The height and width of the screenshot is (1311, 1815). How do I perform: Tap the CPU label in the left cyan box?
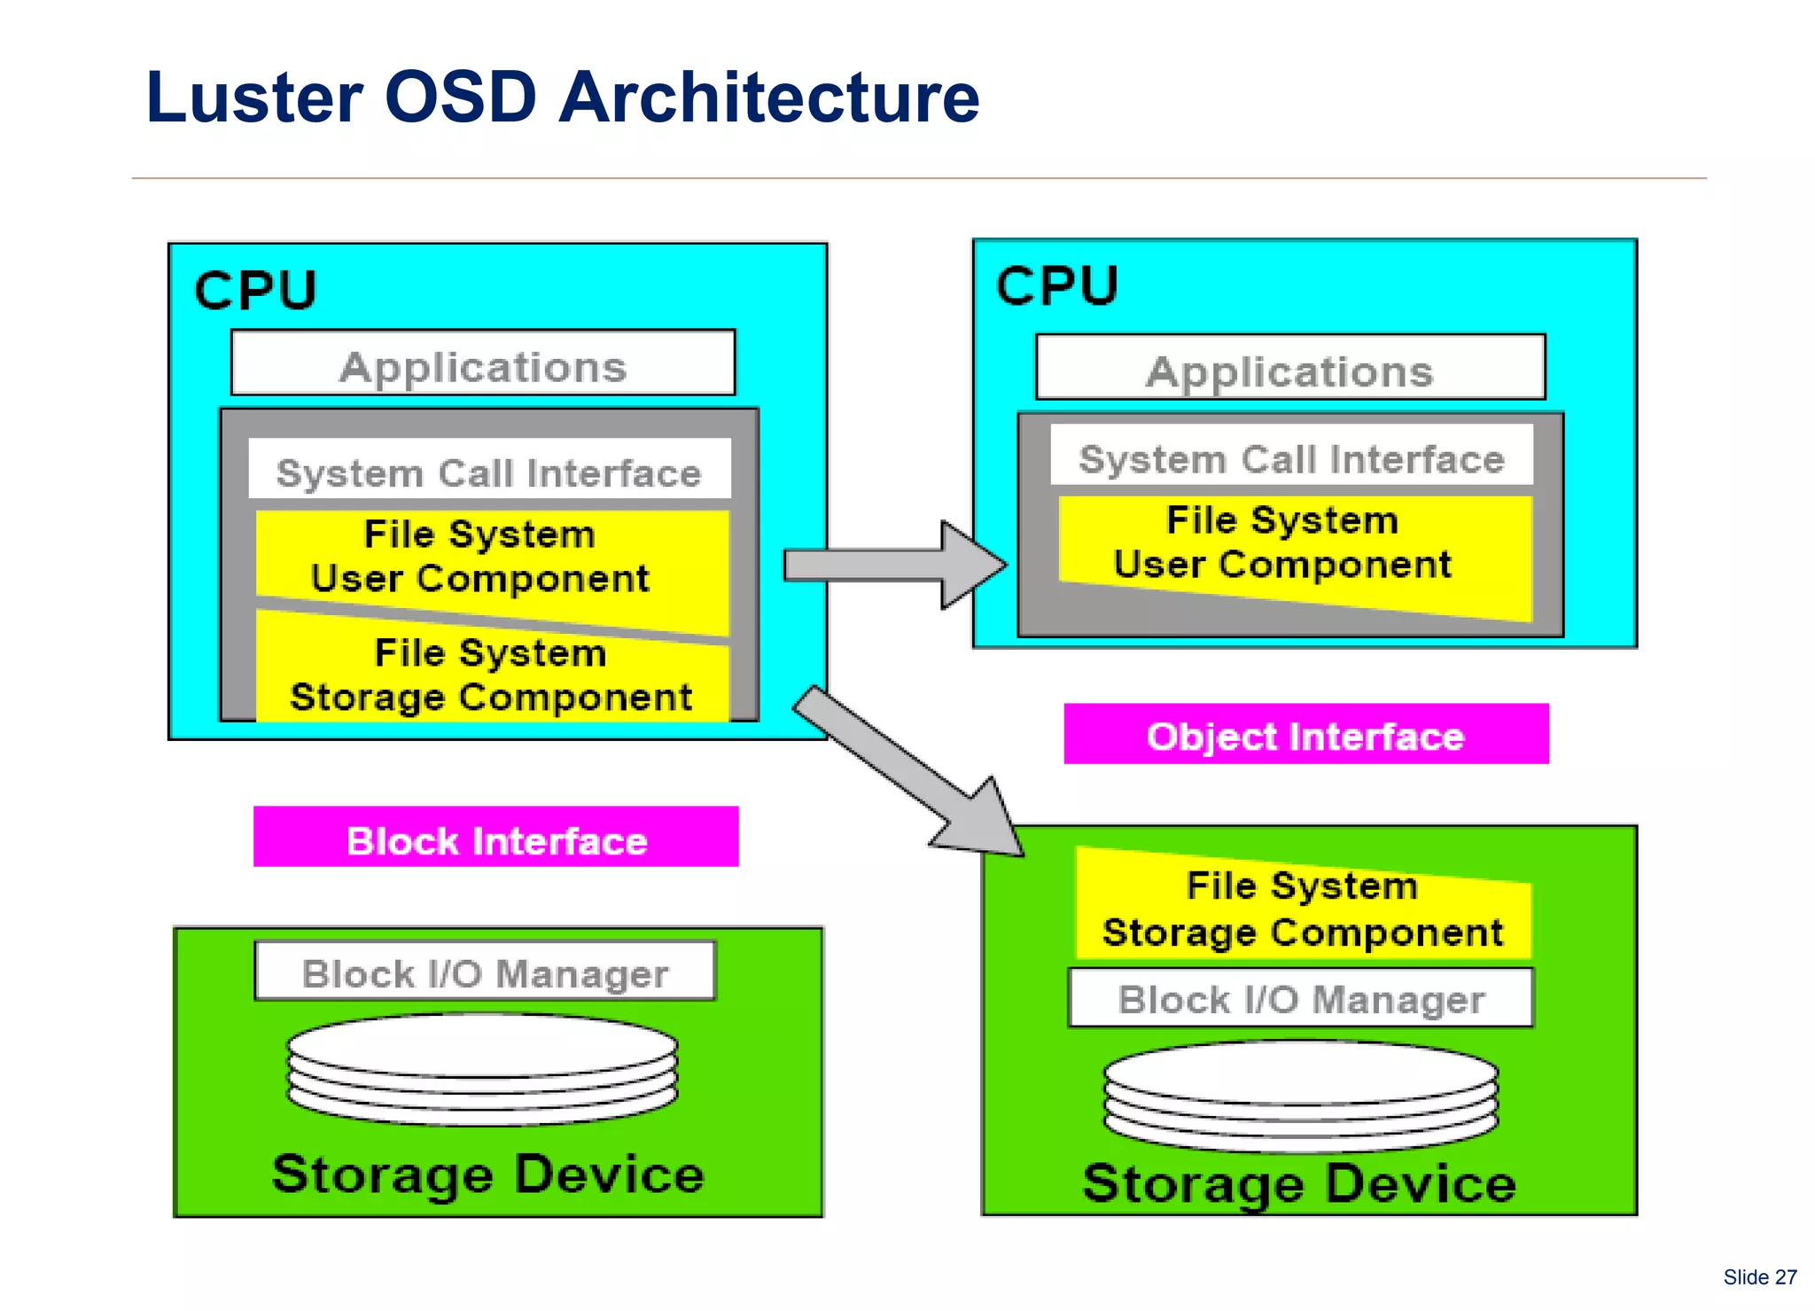coord(255,290)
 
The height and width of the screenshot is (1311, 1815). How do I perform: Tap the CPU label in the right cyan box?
coord(1056,285)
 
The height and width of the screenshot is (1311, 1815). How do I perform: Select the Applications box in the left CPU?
coord(483,364)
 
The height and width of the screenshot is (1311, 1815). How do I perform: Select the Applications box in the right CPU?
coord(1289,369)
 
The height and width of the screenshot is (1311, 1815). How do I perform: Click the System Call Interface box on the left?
coord(489,471)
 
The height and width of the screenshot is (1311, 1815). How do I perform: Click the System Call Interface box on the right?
coord(1291,457)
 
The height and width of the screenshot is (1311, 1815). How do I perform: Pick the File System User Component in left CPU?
coord(480,556)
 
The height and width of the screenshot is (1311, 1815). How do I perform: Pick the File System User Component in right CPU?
coord(1282,543)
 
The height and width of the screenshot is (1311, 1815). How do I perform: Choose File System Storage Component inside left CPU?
coord(491,675)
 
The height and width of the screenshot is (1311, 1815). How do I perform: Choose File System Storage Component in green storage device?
coord(1302,909)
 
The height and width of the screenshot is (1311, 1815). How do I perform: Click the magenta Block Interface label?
coord(496,838)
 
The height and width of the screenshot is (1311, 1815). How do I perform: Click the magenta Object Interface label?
coord(1305,735)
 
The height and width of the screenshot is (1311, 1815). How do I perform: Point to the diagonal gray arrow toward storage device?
coord(913,771)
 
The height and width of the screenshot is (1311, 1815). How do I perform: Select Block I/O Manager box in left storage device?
coord(485,972)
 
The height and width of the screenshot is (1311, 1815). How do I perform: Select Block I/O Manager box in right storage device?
coord(1300,998)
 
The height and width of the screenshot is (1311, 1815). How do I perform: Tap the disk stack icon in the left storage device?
coord(483,1069)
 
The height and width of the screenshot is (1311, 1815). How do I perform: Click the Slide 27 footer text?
coord(1759,1277)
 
